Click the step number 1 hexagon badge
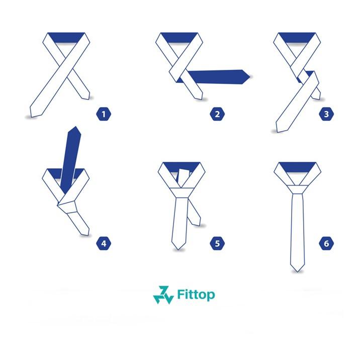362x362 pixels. click(104, 114)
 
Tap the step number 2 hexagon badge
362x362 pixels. click(217, 114)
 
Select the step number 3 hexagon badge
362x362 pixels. click(326, 114)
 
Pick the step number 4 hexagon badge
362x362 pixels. click(104, 243)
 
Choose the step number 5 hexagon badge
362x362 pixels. click(217, 243)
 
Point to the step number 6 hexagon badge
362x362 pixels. click(326, 243)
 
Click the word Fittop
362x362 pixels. click(196, 295)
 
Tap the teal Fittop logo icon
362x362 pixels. click(163, 295)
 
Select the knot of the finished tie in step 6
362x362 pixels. click(297, 190)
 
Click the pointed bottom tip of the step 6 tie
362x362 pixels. click(297, 271)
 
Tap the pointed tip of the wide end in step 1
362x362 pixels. click(32, 117)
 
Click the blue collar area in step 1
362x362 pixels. click(66, 37)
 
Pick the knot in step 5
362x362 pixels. click(182, 193)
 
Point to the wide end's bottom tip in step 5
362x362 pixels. click(178, 249)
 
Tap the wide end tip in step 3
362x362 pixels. click(278, 132)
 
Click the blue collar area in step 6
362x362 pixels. click(297, 167)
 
